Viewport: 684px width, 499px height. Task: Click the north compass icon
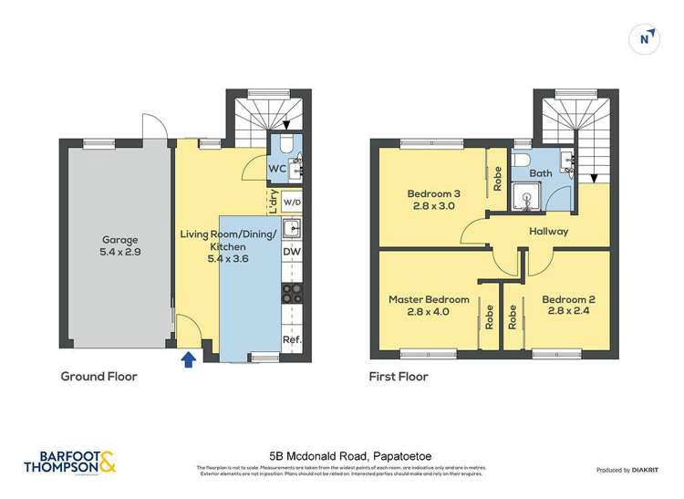(x=646, y=38)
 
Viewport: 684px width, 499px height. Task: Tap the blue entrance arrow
(x=189, y=359)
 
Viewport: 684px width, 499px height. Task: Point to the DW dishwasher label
(x=292, y=253)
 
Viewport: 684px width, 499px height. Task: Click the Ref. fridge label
(x=292, y=340)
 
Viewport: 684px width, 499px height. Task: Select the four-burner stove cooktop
(x=292, y=293)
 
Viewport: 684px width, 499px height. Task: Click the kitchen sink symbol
(x=292, y=227)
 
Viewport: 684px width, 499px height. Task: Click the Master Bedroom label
(x=429, y=305)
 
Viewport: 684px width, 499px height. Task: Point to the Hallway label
(x=548, y=231)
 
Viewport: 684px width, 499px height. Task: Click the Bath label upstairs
(x=541, y=172)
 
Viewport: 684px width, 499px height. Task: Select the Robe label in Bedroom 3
(x=498, y=178)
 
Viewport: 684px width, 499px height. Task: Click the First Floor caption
(x=399, y=376)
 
